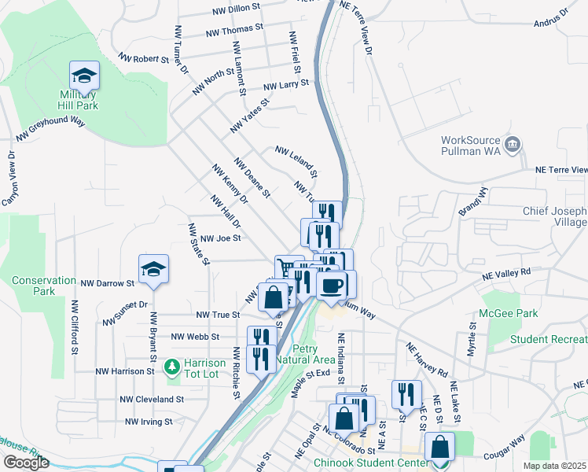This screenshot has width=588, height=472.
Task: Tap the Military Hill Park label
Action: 79,100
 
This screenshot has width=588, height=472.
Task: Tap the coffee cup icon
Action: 331,285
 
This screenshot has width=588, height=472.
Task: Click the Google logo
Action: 26,463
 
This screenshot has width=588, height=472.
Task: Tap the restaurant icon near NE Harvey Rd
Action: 406,394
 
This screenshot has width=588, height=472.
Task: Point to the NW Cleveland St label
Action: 152,399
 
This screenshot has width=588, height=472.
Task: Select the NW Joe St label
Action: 220,238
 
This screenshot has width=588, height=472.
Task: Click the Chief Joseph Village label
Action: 555,217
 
